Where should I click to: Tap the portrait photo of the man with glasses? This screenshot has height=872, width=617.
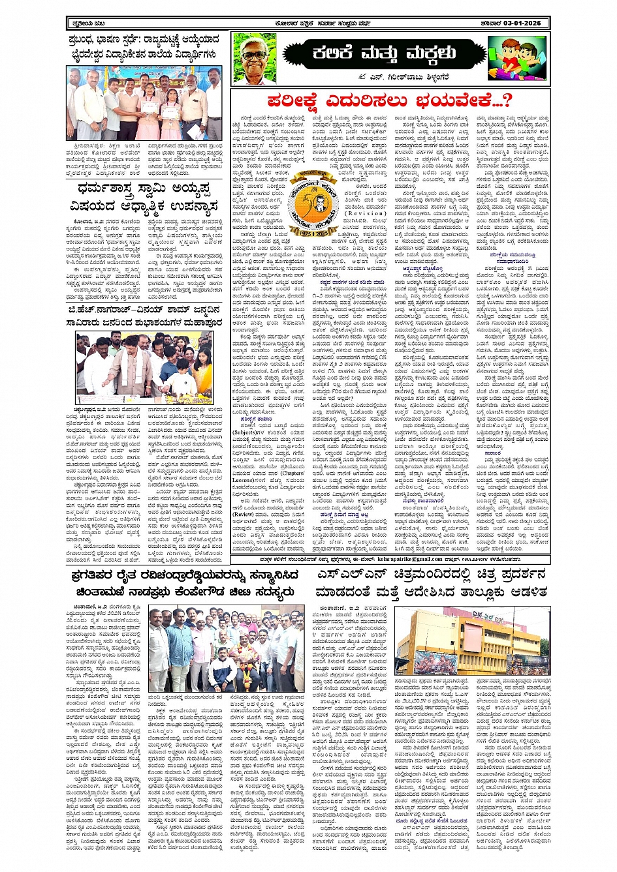[x=257, y=57]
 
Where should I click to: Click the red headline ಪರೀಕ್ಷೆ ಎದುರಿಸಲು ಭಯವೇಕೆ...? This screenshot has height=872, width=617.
[x=390, y=100]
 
